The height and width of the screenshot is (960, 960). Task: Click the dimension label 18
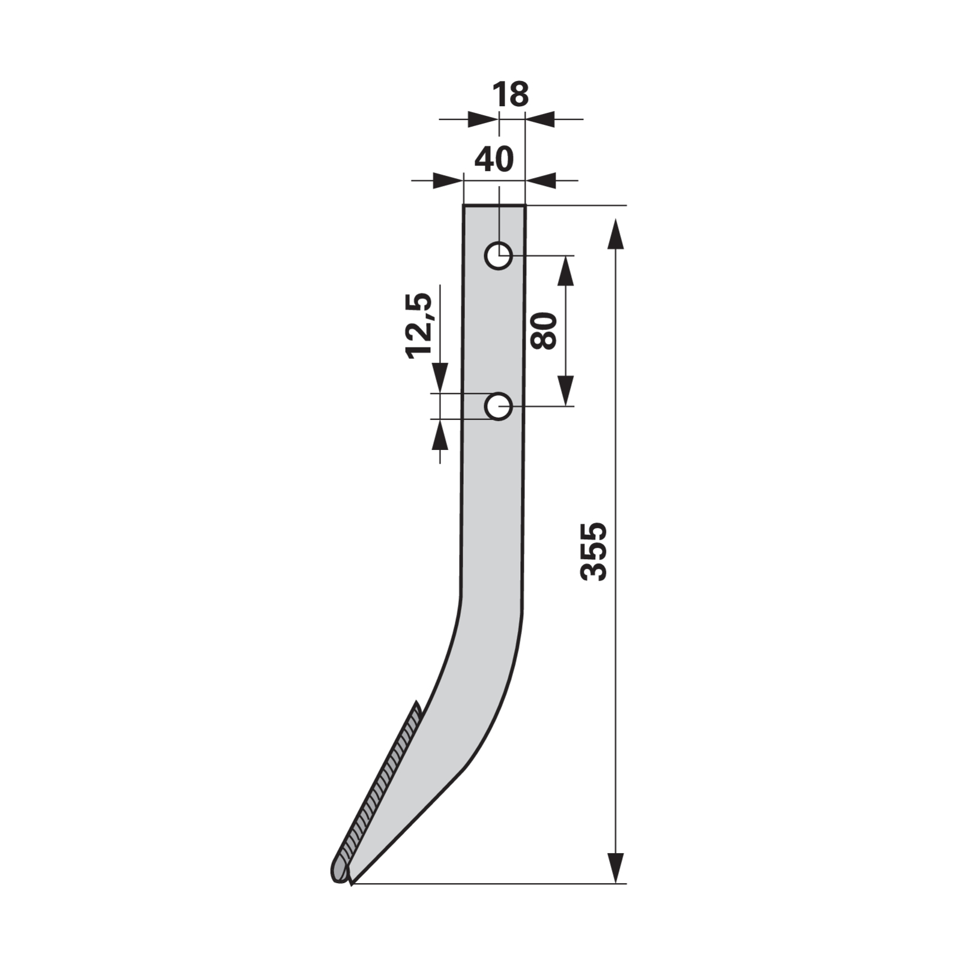click(510, 95)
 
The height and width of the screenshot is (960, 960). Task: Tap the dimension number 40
click(494, 159)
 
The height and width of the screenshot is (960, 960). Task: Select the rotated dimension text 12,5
click(419, 326)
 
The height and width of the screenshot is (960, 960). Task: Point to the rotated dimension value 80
click(544, 331)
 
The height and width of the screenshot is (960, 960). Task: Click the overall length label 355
click(594, 551)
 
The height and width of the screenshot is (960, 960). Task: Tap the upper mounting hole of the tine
click(498, 256)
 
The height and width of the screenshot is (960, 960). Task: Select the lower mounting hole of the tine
click(498, 407)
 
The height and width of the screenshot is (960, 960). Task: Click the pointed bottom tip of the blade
click(352, 884)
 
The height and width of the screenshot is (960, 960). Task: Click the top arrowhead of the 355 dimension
click(616, 234)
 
